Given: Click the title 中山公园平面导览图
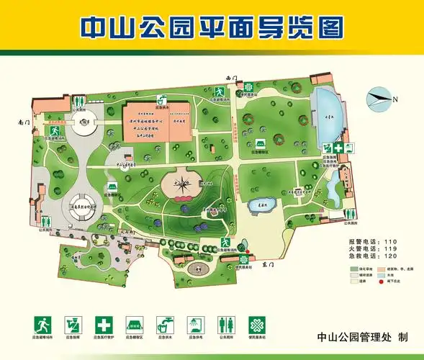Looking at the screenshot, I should coord(211,27).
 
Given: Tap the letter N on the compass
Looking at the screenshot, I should coord(394,99).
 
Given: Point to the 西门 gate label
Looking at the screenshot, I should coord(231,76).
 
